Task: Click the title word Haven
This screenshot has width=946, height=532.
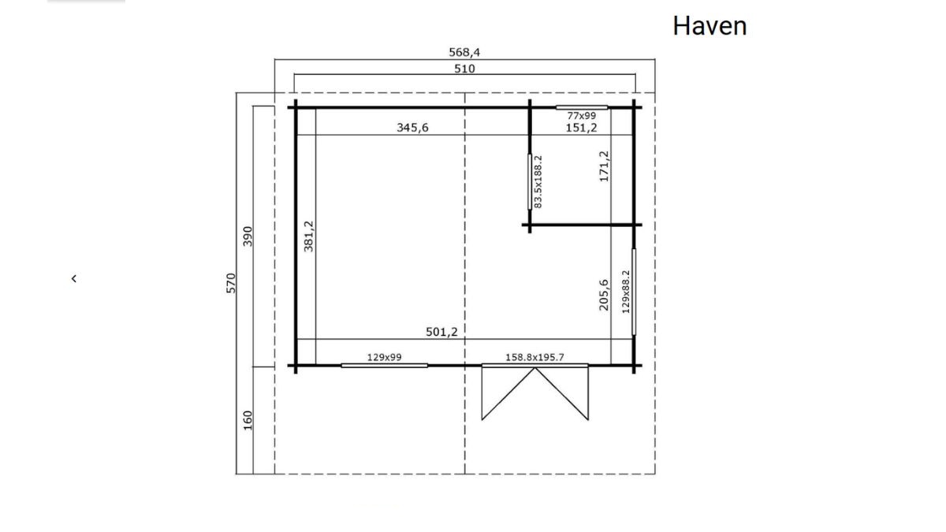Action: coord(709,26)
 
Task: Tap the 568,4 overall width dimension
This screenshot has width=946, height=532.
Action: coord(464,52)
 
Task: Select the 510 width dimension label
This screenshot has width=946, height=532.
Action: coord(464,69)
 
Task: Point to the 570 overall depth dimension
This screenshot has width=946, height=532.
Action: coord(230,283)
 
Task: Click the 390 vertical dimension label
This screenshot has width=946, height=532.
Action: coord(248,236)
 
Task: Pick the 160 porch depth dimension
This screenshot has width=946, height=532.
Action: coord(248,421)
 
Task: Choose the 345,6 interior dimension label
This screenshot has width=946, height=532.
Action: coord(412,128)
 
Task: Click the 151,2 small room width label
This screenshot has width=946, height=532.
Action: coord(581,128)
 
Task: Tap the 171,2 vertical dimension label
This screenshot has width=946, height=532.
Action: coord(605,166)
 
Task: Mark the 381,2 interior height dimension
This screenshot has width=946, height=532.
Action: coord(309,236)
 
